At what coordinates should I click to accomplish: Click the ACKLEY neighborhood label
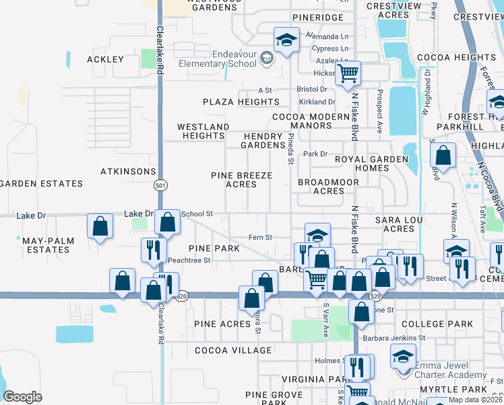click(106, 59)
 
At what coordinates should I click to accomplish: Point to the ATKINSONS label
click(129, 171)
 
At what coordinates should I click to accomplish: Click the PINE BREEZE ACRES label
click(241, 180)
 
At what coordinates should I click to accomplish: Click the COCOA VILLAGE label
click(233, 350)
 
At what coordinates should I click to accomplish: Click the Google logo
click(22, 397)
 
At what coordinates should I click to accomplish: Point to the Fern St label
click(260, 237)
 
